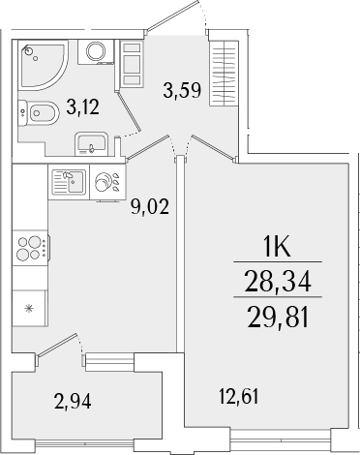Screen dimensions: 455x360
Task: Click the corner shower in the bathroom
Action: coord(42,61)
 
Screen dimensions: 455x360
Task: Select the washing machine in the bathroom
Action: coord(96,52)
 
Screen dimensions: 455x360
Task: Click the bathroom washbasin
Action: coord(93,146)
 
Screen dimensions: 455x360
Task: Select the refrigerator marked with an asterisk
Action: coord(30,308)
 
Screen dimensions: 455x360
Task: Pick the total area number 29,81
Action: coord(278,316)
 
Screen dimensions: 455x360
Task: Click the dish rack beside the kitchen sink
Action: coord(105,182)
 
